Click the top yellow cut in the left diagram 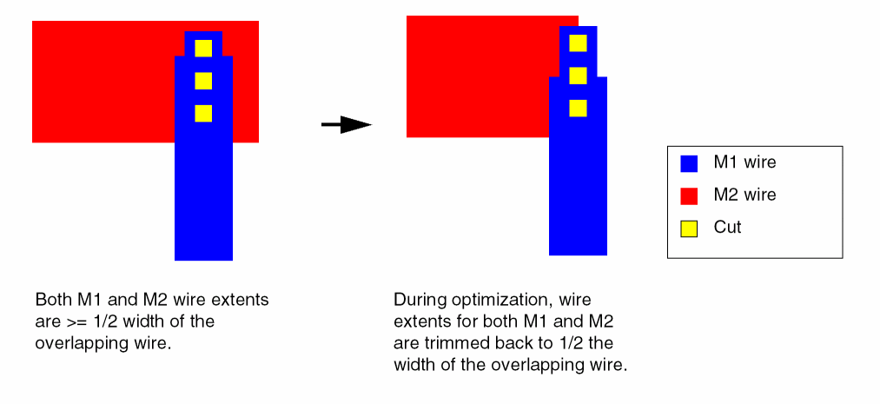(203, 48)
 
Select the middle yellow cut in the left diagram (203, 81)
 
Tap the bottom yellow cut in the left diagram (203, 114)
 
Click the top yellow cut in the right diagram (578, 43)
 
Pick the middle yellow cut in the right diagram (578, 76)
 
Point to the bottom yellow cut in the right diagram (578, 109)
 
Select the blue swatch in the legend (689, 162)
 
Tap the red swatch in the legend (689, 195)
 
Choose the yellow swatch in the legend (689, 228)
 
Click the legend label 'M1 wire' (744, 162)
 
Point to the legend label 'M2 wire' (744, 195)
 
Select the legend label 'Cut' (728, 228)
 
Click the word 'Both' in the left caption (52, 301)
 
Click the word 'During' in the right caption (419, 301)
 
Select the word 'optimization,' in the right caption (498, 301)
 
